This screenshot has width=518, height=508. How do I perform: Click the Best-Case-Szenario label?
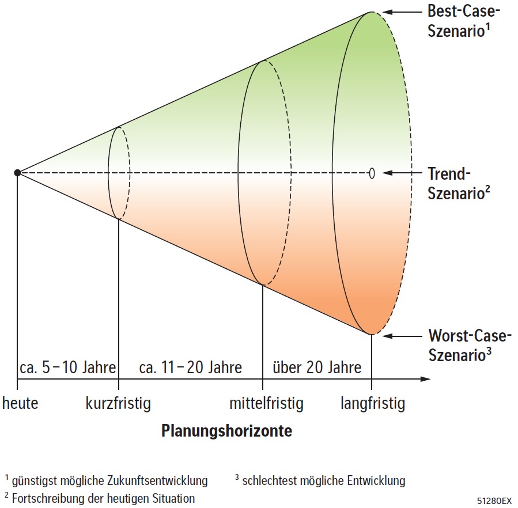(463, 21)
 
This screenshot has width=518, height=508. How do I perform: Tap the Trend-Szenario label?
(459, 183)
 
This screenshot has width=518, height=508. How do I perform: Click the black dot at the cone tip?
(17, 172)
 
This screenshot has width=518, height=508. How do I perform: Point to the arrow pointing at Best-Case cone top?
(402, 12)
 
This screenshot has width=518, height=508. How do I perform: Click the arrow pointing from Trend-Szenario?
(402, 173)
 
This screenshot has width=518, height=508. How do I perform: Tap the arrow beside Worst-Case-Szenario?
(402, 336)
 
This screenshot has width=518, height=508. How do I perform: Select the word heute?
(20, 403)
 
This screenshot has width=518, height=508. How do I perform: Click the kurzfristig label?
(118, 404)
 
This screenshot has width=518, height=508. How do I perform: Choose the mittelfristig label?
(266, 404)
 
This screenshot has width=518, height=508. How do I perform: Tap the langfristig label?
(373, 404)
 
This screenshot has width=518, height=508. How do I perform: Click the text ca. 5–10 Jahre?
(68, 367)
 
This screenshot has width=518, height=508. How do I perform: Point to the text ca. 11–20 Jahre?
(191, 367)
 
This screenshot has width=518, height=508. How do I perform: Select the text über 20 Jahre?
(317, 367)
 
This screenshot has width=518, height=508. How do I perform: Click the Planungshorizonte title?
(226, 431)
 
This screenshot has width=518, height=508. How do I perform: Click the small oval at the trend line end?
(372, 173)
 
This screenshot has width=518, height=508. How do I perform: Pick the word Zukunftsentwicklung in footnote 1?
(157, 480)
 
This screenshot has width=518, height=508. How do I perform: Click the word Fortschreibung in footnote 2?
(46, 498)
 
